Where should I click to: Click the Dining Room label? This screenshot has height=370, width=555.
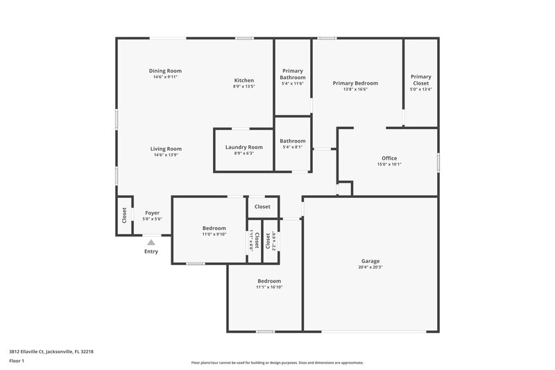(165, 71)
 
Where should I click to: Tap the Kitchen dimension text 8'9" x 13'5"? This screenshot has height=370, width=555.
(244, 87)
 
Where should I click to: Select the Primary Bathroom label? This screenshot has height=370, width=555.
(293, 74)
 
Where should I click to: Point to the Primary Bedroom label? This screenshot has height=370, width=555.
(355, 83)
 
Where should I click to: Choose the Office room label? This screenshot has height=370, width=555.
(389, 158)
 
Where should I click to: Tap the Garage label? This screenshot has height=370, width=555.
(370, 261)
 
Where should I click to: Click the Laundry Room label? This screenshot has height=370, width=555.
(244, 147)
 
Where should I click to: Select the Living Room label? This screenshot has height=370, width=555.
(166, 149)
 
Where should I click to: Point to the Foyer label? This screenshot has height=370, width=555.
(151, 213)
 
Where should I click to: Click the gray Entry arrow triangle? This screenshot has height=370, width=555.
(151, 242)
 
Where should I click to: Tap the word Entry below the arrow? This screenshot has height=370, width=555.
(151, 251)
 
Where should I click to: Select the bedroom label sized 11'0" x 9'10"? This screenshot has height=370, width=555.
(214, 228)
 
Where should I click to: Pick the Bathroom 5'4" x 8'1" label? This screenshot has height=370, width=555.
(292, 141)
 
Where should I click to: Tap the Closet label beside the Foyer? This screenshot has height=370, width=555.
(124, 215)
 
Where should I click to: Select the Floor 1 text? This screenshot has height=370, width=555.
(17, 361)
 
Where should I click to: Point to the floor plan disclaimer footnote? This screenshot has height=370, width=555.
(277, 362)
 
